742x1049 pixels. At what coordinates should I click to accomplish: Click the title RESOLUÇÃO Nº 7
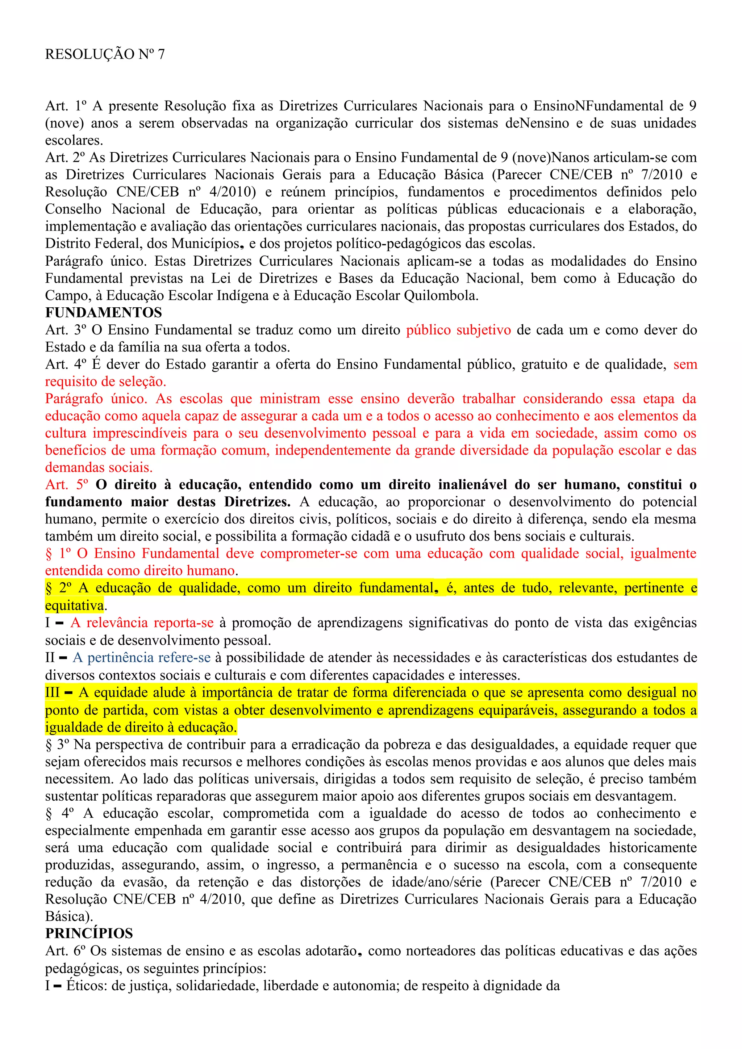[x=105, y=54]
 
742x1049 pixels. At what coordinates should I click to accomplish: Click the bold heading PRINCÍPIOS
[x=89, y=934]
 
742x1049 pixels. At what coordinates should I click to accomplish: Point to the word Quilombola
[x=441, y=296]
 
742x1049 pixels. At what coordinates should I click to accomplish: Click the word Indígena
[x=239, y=296]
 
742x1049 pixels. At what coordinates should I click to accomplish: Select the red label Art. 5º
[x=67, y=485]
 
